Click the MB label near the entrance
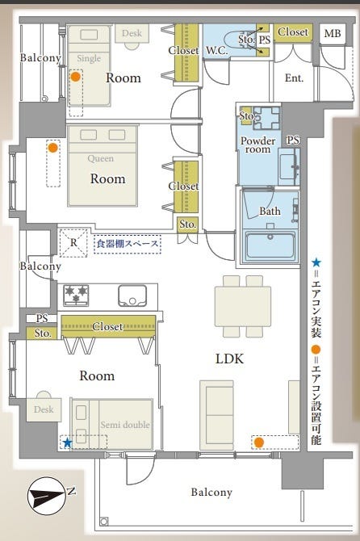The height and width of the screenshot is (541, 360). [333, 33]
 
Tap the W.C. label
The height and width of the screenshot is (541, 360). [217, 51]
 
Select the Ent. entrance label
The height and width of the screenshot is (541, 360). [294, 78]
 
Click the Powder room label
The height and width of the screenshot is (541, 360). [258, 145]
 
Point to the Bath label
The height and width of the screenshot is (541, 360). [270, 211]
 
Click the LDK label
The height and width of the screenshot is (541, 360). [230, 359]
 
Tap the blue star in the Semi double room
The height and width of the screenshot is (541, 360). [67, 442]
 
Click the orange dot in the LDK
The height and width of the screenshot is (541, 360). [259, 442]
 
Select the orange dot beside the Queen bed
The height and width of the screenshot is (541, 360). [52, 148]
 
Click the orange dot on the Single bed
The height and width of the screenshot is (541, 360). [76, 76]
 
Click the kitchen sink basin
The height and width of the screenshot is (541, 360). [132, 296]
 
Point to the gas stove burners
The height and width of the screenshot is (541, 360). [76, 296]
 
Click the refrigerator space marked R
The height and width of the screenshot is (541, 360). [73, 243]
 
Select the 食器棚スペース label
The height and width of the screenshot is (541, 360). [128, 244]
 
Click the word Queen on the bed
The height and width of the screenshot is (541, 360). [100, 158]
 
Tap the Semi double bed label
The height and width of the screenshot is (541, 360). [125, 425]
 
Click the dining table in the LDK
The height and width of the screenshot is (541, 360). [243, 306]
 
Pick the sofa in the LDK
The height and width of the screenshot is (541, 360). [216, 415]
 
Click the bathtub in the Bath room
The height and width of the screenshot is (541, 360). [270, 245]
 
